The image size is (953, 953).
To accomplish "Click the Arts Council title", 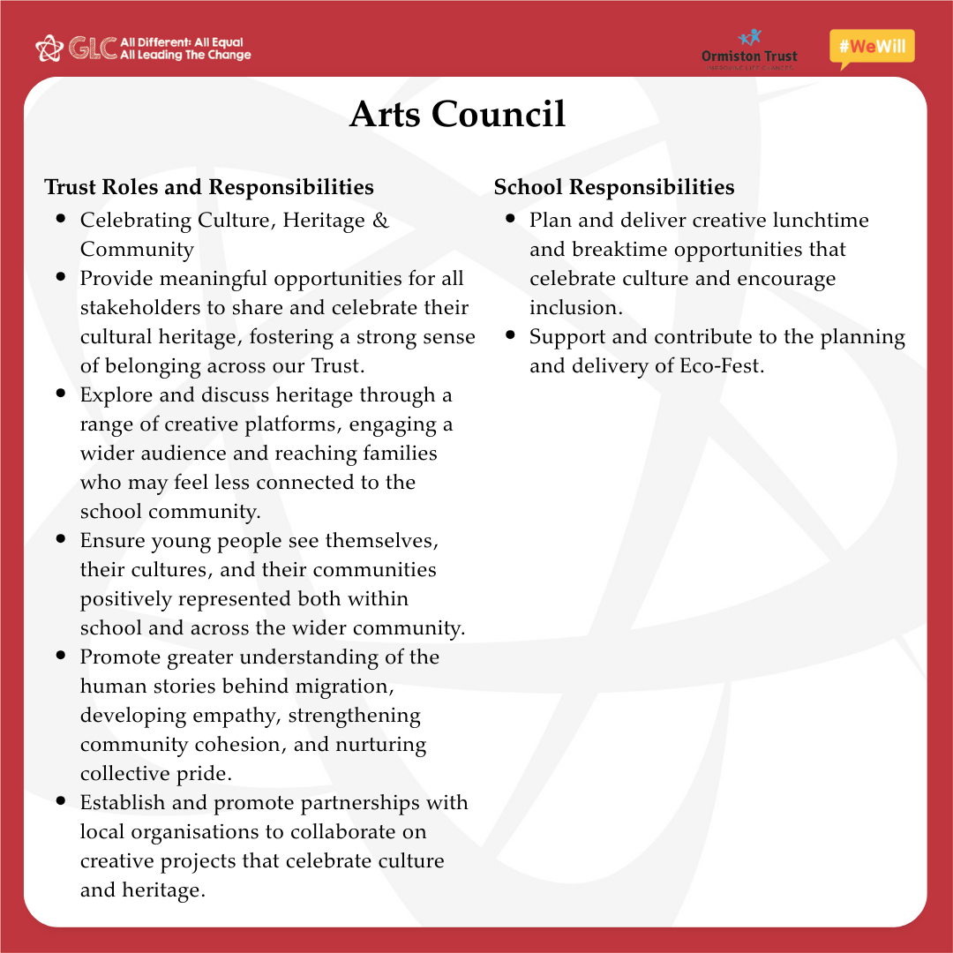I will point(457,115).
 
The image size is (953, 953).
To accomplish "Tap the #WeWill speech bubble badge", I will point(872,48).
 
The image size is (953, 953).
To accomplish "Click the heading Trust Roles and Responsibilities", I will point(209,187).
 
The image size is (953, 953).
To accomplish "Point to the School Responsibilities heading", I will point(614,187).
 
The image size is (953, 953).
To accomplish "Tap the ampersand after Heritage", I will point(380,221).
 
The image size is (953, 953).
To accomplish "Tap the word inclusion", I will point(575,308).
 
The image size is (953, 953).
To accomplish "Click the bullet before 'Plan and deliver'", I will point(511,218).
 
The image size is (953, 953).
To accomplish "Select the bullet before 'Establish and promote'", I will point(61,801).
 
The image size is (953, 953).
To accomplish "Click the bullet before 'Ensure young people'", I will point(61,538).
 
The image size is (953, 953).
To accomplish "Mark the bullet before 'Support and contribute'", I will point(511,335).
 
